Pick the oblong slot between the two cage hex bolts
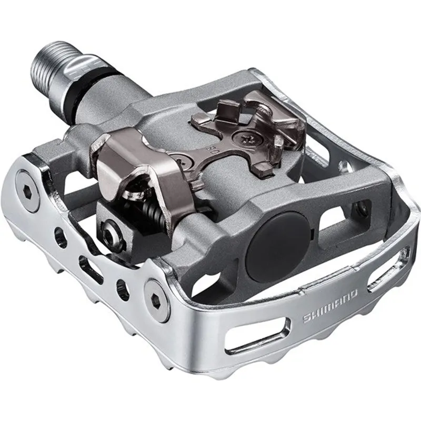[x=91, y=265]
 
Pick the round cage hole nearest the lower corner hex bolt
[x=122, y=287]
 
